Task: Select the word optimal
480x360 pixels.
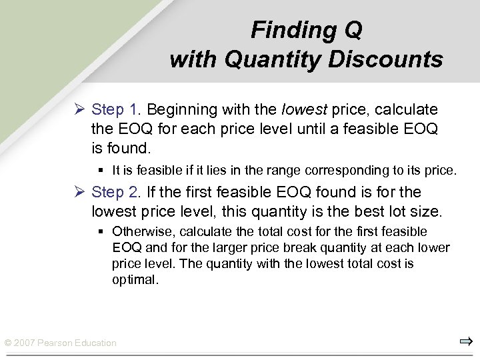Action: click(x=135, y=280)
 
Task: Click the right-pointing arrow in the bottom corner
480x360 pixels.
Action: click(x=465, y=342)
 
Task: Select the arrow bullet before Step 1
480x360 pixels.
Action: click(x=79, y=109)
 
